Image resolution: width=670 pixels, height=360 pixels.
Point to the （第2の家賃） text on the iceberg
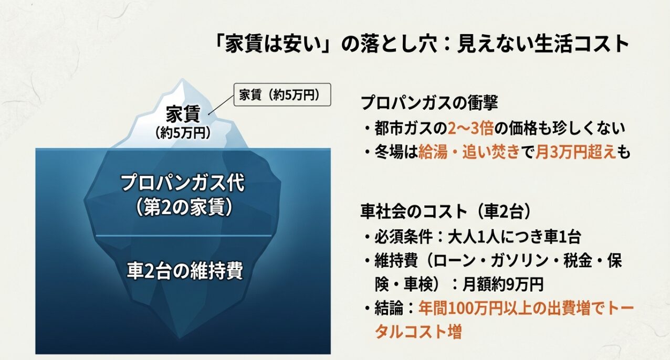[183, 207]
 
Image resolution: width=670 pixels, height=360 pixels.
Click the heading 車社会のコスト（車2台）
[446, 211]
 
